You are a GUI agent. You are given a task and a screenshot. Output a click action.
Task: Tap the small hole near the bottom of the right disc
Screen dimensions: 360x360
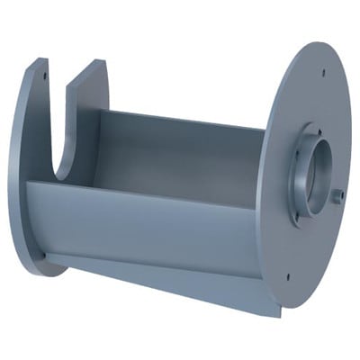[287, 276]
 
